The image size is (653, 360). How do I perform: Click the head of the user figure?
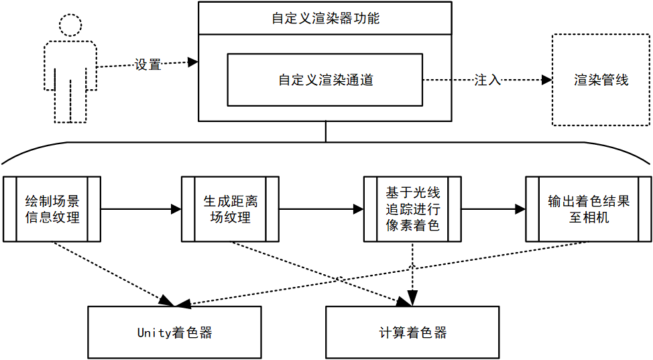[70, 24]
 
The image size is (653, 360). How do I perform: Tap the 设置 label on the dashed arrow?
[147, 65]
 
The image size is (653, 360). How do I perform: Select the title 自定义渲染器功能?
[325, 18]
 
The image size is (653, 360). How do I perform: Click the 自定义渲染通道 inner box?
[325, 80]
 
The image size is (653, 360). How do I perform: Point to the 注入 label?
[487, 80]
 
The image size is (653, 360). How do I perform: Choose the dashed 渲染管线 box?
[601, 80]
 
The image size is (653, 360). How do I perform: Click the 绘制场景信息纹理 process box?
[52, 209]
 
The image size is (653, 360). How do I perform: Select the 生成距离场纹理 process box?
[230, 209]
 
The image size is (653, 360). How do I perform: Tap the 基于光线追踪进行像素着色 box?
[412, 209]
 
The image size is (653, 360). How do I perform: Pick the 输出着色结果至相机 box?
[588, 209]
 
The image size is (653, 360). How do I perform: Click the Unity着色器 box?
[174, 333]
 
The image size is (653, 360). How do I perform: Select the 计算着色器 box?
[412, 333]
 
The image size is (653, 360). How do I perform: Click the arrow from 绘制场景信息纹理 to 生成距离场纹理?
[141, 209]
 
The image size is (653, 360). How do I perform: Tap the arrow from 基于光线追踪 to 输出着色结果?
[493, 209]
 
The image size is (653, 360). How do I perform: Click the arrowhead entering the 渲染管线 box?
[546, 80]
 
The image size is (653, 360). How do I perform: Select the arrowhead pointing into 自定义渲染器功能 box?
[193, 62]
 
